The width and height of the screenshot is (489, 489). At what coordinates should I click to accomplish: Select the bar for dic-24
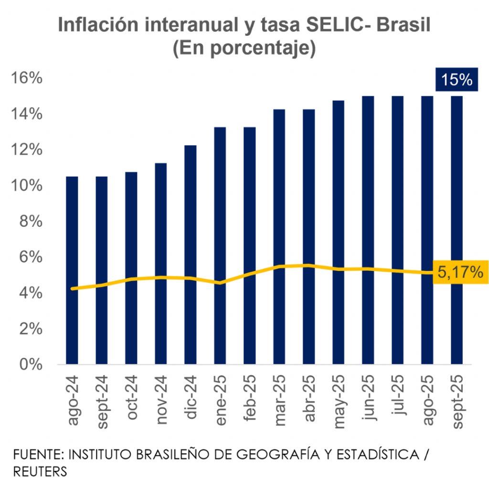click(x=190, y=253)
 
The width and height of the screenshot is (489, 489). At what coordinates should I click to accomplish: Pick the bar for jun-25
click(x=368, y=229)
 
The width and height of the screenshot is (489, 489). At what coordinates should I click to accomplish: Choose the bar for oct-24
click(x=131, y=267)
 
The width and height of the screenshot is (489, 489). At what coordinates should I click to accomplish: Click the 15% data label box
click(x=456, y=80)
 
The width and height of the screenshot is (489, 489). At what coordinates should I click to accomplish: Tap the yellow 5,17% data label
click(x=460, y=273)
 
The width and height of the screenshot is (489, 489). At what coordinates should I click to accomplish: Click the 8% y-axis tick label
click(x=30, y=222)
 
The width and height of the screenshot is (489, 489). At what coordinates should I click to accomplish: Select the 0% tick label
click(x=30, y=365)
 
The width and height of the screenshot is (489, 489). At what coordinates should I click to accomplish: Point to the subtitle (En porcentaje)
click(x=244, y=49)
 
